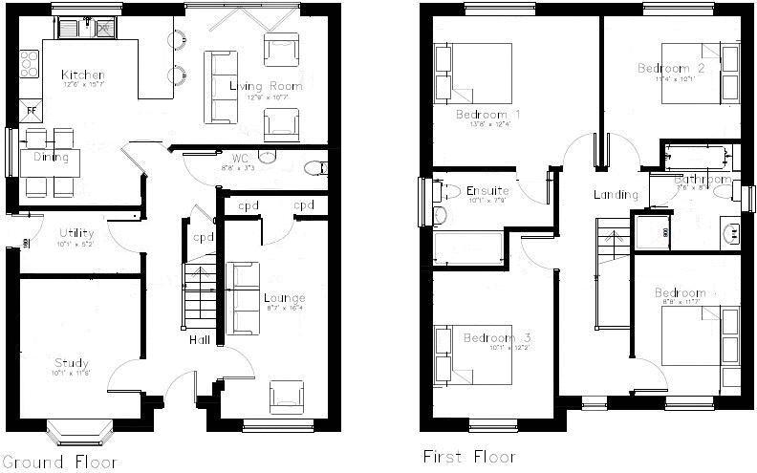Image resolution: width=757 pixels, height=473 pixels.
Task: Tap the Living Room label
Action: click(266, 86)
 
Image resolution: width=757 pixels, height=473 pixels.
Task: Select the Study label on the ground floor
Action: click(72, 363)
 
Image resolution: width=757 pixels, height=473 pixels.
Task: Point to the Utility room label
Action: click(76, 233)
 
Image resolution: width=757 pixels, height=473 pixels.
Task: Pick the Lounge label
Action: click(284, 298)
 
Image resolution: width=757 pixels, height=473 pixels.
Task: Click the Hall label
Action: click(199, 339)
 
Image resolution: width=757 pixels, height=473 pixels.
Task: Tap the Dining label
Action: click(50, 157)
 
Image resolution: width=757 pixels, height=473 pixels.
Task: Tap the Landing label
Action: click(616, 195)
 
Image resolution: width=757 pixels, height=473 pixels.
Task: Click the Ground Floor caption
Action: click(60, 462)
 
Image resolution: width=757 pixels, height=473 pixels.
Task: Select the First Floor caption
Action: click(469, 457)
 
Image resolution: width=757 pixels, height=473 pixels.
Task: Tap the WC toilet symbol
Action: click(313, 169)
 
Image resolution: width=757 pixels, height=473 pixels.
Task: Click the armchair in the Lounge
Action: click(288, 396)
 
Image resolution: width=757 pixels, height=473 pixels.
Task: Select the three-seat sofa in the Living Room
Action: click(223, 86)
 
